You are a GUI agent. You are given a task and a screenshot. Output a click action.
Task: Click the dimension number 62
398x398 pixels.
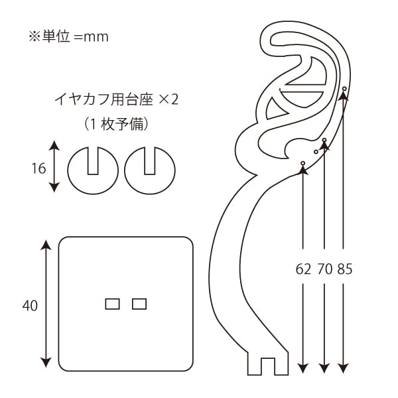[x=302, y=269]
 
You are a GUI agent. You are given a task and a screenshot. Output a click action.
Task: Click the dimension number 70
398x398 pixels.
[x=324, y=269]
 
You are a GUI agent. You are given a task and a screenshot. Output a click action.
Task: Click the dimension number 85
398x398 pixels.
[x=344, y=269]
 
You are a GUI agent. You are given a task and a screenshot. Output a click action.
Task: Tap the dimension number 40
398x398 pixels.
[x=29, y=306]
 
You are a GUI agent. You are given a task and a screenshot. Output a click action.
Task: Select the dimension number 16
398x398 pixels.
[x=38, y=168]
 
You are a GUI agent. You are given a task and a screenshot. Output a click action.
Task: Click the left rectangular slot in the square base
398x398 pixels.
[x=113, y=304]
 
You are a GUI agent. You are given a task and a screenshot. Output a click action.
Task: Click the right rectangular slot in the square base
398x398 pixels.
[x=139, y=304]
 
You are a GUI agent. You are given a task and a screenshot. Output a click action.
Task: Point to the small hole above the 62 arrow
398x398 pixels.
[x=302, y=163]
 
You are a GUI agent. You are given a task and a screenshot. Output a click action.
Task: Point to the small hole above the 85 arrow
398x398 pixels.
[x=344, y=89]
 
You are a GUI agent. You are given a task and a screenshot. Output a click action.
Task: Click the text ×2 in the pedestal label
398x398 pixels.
[x=168, y=101]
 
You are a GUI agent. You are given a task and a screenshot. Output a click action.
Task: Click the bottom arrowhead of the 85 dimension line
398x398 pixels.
[x=344, y=367]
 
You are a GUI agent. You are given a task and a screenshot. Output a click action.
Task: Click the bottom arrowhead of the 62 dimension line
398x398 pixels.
[x=302, y=367]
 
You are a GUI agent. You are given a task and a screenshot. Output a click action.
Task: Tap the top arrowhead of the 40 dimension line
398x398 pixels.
[x=46, y=245]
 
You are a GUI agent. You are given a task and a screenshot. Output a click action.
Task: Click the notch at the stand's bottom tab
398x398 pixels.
[x=267, y=365]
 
